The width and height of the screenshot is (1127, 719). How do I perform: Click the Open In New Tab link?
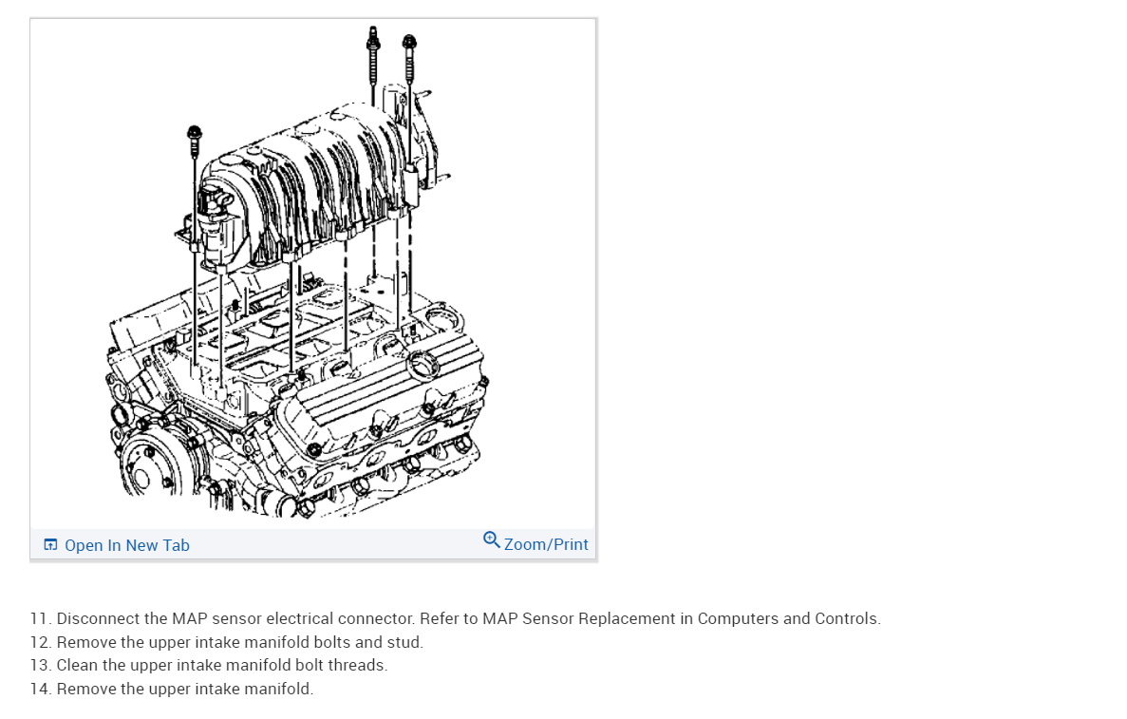tap(126, 545)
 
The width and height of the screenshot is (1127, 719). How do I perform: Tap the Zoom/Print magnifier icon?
tap(491, 540)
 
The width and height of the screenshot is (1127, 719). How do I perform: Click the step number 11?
tap(40, 619)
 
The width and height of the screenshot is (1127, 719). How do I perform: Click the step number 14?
tap(40, 690)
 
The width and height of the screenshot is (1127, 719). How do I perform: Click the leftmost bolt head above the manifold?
tap(195, 132)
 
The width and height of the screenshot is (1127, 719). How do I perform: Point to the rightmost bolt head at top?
tap(409, 43)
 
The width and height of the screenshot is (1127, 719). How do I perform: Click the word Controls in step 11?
tap(848, 619)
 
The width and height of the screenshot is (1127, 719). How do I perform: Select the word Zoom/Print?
tap(546, 545)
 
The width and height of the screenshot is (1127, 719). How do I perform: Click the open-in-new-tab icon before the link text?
tap(50, 545)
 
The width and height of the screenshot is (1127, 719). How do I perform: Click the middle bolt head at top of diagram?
tap(372, 36)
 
